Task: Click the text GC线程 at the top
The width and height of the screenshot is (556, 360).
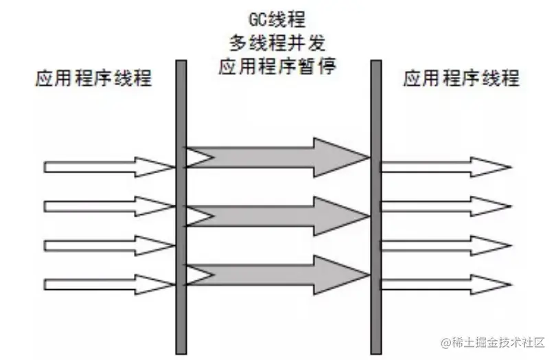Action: coord(277,19)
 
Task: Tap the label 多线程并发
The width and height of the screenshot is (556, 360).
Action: coord(277,43)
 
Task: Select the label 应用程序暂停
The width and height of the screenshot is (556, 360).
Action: coord(277,67)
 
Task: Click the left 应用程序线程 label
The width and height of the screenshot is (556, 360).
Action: coord(93,78)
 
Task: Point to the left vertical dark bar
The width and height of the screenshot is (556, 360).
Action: coord(181,206)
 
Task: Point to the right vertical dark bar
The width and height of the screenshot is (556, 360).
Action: coord(375,206)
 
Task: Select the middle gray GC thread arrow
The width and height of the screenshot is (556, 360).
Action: coord(275,216)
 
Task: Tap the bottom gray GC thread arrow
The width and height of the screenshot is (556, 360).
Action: coord(275,275)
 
